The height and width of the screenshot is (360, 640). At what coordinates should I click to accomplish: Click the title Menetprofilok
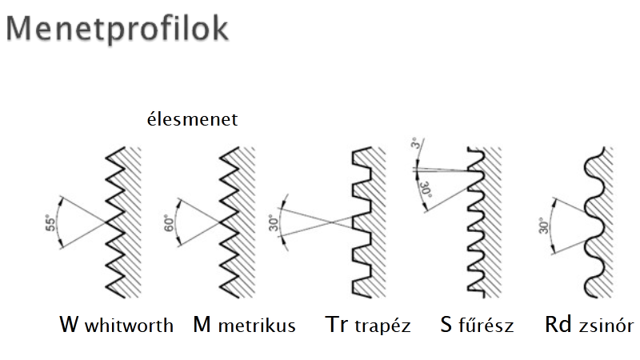point(117,30)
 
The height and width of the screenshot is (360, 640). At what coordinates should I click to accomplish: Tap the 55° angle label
point(50,223)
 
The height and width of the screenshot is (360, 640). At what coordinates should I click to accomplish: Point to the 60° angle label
point(169,222)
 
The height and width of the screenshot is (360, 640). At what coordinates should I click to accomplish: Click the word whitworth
point(129,326)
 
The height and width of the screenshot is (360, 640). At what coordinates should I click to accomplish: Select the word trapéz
point(382,326)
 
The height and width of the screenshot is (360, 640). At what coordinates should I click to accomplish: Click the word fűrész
point(486,326)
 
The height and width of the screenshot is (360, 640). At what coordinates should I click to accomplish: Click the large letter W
point(70,325)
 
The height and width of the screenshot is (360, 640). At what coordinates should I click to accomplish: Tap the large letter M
point(202,325)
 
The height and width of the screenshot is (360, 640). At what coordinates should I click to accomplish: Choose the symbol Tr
point(336,325)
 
